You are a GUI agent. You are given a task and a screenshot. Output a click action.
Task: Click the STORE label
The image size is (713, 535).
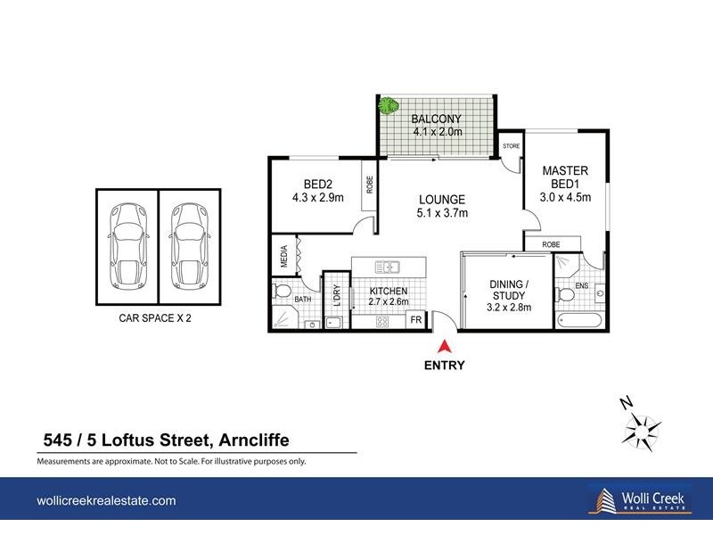511,145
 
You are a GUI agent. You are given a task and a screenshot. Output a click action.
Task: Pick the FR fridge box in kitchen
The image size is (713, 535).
414,320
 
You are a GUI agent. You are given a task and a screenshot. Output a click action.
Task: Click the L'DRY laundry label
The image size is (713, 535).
337,294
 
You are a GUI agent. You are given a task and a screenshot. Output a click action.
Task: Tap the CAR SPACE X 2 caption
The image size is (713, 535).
156,317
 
